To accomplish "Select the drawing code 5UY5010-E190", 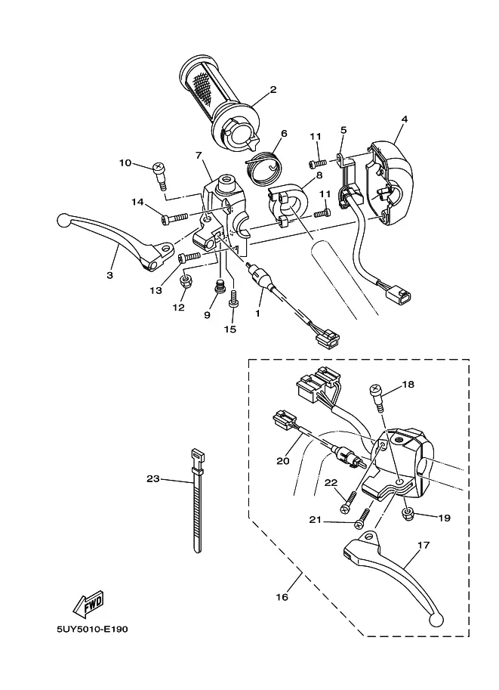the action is click(92, 630).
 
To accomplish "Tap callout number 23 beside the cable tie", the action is click(153, 478).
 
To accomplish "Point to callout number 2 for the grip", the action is click(273, 90).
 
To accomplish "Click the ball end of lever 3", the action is click(63, 220).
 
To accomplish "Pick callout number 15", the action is click(230, 330).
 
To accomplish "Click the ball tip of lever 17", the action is click(436, 620).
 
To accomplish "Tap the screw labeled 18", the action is click(377, 396).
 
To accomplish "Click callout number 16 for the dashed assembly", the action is click(282, 597).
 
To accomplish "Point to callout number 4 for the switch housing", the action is click(405, 119).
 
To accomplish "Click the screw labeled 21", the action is click(362, 518).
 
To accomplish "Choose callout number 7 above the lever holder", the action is click(199, 156).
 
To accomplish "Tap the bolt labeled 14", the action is click(174, 218).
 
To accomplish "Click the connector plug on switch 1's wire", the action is click(328, 339).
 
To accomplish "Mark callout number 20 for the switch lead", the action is click(283, 461).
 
